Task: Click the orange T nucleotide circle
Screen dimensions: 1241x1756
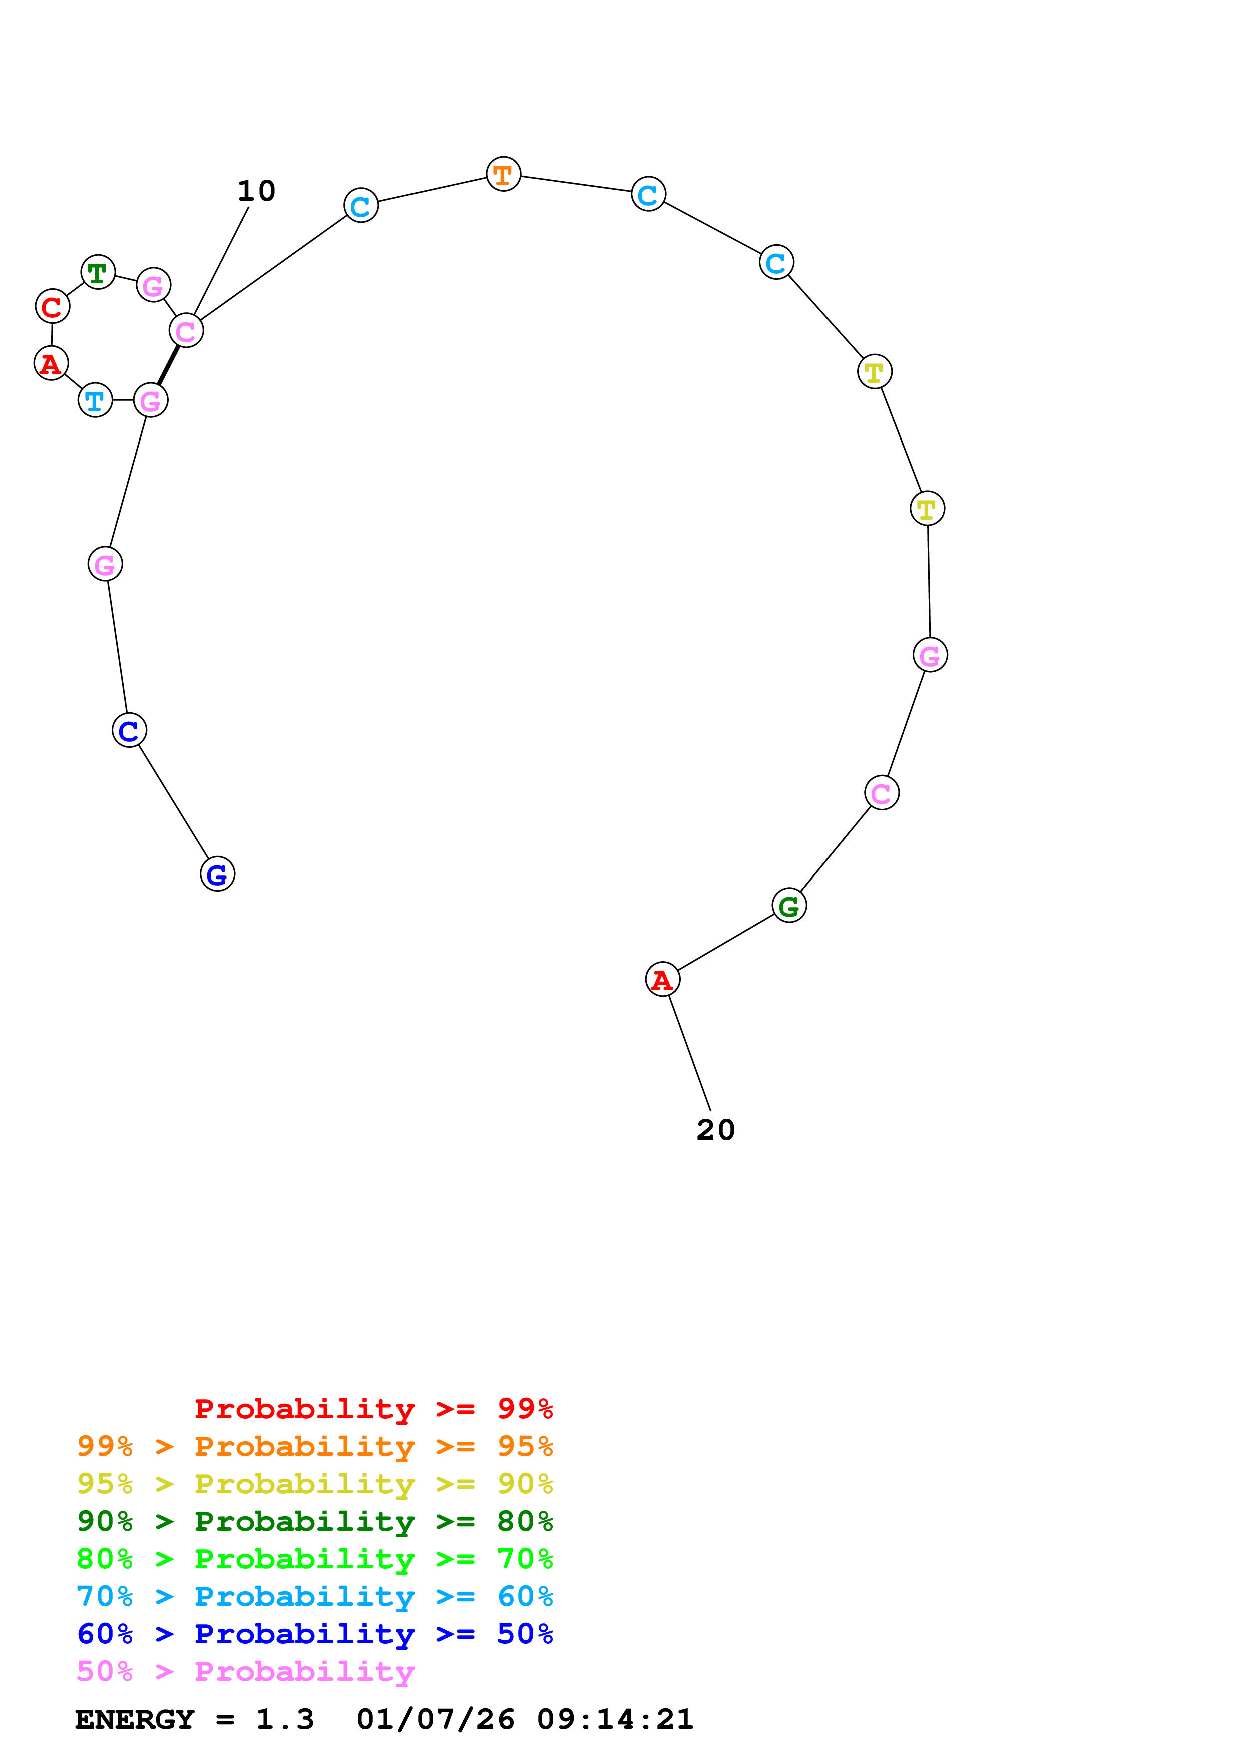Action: [503, 174]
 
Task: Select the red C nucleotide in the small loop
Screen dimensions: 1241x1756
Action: [52, 307]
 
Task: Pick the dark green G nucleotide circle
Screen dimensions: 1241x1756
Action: [789, 906]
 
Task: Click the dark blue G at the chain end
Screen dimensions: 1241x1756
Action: [217, 874]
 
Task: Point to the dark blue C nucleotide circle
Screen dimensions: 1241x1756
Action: [129, 730]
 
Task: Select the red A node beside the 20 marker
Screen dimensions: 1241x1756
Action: [662, 979]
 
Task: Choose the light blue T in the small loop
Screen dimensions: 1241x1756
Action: [95, 400]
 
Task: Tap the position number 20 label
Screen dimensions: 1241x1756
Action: [716, 1130]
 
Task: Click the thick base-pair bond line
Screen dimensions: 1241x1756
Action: [168, 365]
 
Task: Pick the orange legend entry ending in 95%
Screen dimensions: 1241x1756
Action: [314, 1446]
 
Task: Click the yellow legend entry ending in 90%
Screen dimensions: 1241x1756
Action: [314, 1484]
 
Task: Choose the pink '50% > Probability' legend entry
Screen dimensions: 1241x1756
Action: [245, 1672]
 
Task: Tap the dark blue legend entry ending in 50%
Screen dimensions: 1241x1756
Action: [314, 1634]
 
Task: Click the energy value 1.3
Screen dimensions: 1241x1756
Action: [284, 1720]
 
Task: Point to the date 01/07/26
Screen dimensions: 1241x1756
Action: [435, 1720]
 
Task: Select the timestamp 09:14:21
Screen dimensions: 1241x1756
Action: [616, 1720]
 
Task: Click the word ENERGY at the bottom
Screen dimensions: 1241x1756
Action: [135, 1720]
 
